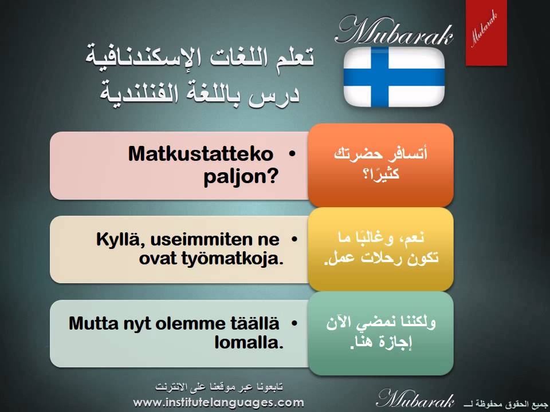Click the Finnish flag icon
tap(394, 77)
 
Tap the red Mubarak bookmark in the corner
tap(486, 33)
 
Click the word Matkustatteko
tap(201, 154)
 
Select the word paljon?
tap(241, 176)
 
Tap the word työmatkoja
tap(232, 259)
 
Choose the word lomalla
tap(249, 342)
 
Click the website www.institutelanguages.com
tap(218, 402)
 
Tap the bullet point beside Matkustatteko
tap(292, 153)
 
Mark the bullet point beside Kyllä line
tap(294, 239)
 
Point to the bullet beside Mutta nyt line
tap(294, 323)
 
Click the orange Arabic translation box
tap(380, 165)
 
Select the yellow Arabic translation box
tap(380, 249)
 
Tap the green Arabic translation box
tap(380, 333)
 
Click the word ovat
tap(157, 259)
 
